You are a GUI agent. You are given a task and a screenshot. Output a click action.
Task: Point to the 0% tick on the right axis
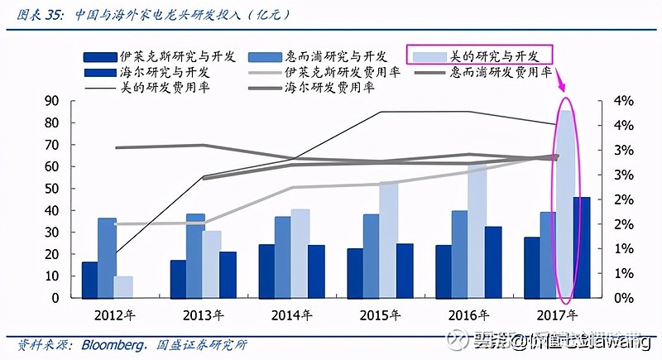(623, 298)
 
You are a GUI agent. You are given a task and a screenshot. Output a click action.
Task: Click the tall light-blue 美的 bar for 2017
(565, 203)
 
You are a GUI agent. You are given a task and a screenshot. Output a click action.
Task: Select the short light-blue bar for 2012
(122, 286)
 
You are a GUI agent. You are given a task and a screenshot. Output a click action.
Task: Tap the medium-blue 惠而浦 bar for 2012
(107, 257)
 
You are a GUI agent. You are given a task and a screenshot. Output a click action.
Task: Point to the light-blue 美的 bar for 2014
(300, 252)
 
